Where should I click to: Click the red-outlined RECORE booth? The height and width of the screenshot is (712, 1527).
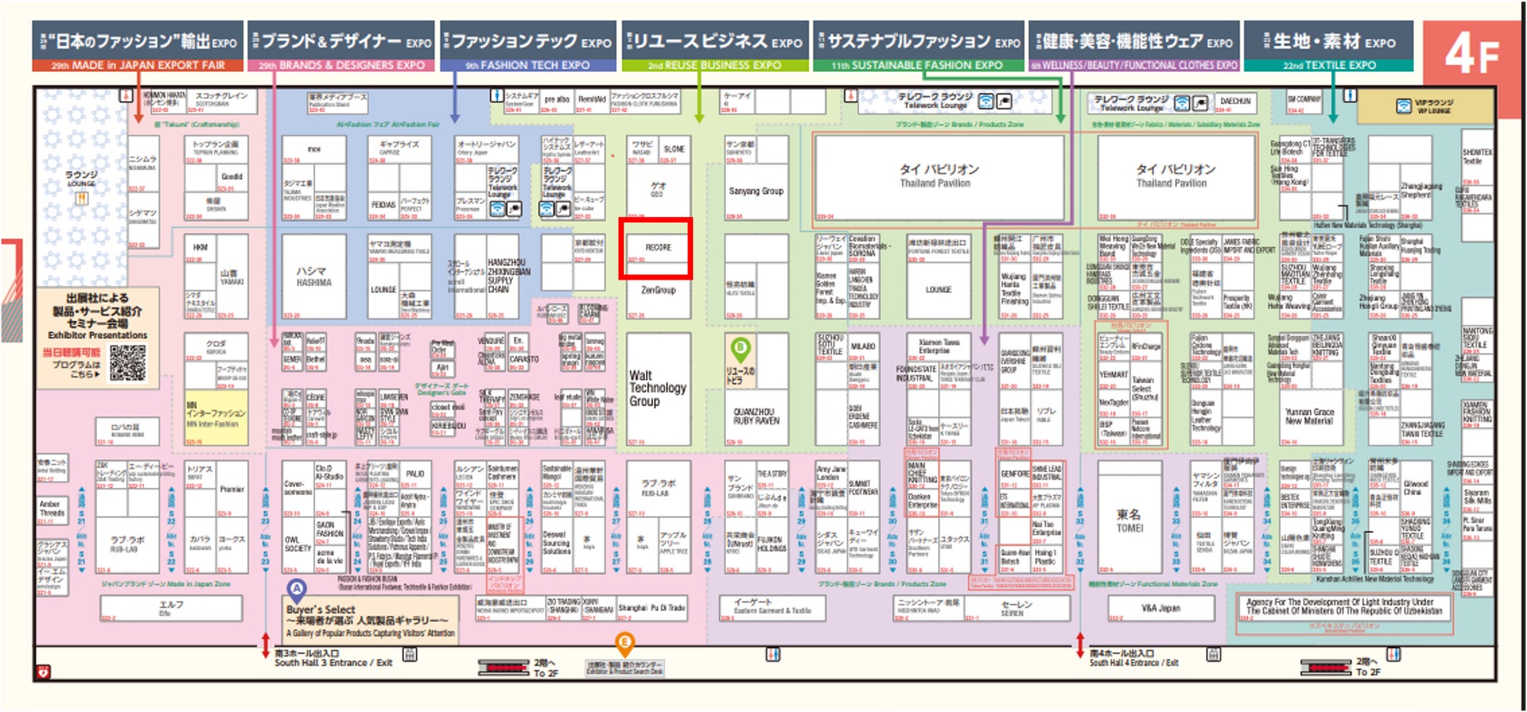point(655,248)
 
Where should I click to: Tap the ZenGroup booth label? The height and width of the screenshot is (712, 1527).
point(658,291)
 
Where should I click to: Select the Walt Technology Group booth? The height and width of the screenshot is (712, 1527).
point(657,389)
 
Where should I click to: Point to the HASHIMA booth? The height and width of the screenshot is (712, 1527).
point(313,276)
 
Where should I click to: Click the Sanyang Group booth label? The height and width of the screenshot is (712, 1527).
point(756,191)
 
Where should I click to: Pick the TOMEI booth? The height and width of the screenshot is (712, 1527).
point(1129,520)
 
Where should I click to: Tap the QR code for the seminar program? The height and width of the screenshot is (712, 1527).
point(127,362)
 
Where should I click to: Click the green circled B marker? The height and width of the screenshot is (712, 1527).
point(739,347)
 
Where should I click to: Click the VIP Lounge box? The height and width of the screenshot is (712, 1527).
point(1425,107)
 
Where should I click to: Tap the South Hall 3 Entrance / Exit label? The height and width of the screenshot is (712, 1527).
point(333,658)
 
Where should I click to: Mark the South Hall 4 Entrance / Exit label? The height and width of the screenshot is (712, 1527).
point(1133,658)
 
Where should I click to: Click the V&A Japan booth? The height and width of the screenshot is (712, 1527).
point(1161,608)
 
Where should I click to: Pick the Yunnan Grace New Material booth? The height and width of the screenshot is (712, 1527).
point(1309,416)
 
